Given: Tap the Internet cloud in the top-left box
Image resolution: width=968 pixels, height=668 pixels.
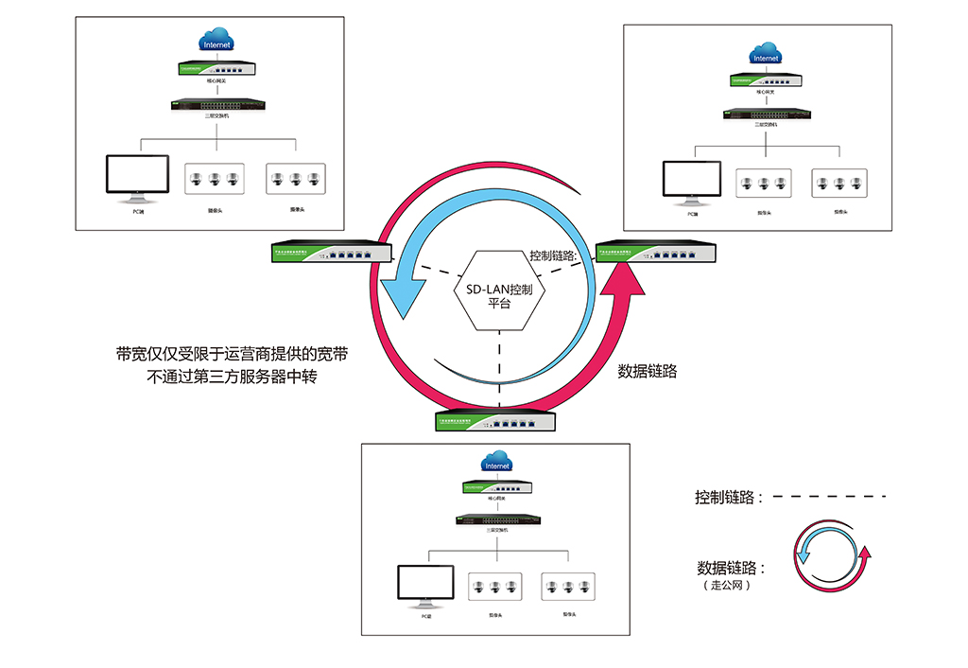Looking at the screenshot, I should pos(216,43).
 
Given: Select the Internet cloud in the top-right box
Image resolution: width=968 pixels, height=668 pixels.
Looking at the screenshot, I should pos(766,56).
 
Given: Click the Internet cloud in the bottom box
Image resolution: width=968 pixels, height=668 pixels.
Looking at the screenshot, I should pos(496,465).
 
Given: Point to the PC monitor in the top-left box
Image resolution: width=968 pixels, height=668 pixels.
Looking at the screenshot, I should pos(136,178).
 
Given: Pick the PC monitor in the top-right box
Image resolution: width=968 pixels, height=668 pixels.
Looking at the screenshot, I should pos(690,182).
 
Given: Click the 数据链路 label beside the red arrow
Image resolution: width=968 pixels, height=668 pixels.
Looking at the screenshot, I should pos(648,371).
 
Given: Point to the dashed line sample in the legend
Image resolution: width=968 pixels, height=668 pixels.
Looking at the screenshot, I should pos(837,496).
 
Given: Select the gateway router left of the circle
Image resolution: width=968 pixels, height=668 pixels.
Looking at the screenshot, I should pos(330,252).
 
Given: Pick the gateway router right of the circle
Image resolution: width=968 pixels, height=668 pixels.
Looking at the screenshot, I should pos(655,252).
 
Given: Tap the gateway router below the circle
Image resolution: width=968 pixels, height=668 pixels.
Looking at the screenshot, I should pos(496,421).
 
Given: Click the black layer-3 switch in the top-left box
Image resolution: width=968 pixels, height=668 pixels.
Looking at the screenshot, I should pos(216,105).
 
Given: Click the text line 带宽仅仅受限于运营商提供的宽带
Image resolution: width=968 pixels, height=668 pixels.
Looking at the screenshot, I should pos(231,355).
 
